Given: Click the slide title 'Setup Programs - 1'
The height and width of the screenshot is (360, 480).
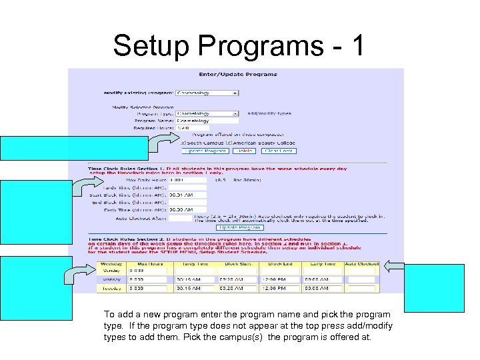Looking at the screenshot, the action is (x=239, y=45).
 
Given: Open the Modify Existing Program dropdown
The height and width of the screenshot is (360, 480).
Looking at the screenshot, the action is (x=207, y=93).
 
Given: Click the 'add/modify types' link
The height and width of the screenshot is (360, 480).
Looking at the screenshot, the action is (x=269, y=114).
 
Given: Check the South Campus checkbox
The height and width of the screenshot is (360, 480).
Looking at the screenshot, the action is (x=184, y=142).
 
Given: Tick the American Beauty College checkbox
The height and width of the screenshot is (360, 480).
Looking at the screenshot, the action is (x=229, y=142).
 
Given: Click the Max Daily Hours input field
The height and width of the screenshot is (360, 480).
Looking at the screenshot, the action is (x=187, y=179).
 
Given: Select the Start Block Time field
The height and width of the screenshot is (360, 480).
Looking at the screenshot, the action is (x=187, y=195).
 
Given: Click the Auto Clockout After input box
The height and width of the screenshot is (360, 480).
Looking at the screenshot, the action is (x=180, y=218).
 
